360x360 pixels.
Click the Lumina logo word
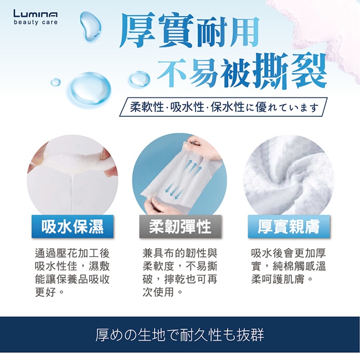click(35, 13)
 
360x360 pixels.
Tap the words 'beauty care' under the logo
click(35, 22)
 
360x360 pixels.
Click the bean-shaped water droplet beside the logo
click(90, 26)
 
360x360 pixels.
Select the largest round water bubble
click(89, 89)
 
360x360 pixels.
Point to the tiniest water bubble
click(55, 82)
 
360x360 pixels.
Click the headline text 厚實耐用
click(189, 30)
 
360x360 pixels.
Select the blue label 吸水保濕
click(73, 227)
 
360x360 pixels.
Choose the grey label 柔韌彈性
click(180, 227)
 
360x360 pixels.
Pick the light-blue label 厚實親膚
click(289, 227)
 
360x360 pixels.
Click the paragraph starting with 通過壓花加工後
click(73, 272)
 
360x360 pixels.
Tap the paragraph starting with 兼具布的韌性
click(180, 272)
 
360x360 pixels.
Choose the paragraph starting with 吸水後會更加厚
click(289, 266)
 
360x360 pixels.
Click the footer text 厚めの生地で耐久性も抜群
click(180, 335)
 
